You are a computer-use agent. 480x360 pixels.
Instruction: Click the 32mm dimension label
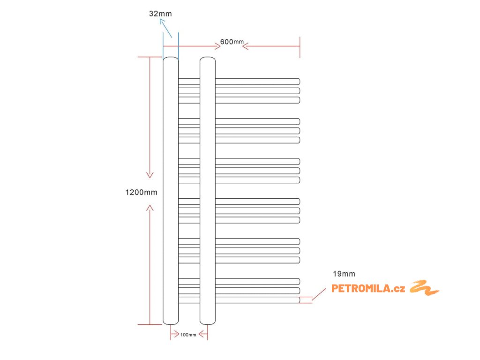coord(160,14)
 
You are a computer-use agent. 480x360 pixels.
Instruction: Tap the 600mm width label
coord(232,42)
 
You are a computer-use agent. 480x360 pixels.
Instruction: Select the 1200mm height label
coord(141,192)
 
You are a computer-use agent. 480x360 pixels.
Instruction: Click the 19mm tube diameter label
coord(344,274)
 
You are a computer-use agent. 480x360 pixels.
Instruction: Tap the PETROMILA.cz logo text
coord(368,289)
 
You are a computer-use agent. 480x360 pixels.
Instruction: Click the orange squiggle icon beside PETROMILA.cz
coord(424,288)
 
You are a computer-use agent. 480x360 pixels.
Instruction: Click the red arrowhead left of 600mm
coord(217,46)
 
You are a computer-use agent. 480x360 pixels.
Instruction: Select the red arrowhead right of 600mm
coord(246,46)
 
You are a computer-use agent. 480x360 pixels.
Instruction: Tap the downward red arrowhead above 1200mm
coord(150,175)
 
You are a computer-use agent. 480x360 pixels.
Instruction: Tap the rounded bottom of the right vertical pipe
coord(208,322)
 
